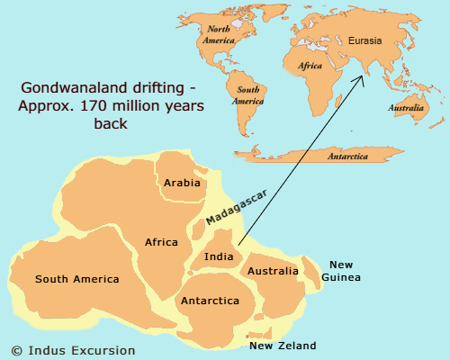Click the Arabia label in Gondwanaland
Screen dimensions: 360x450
tap(182, 184)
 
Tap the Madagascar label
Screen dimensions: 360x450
tap(229, 211)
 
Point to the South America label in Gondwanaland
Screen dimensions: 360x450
tap(76, 279)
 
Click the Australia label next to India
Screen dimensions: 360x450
tap(273, 271)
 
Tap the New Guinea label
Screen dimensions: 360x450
tap(340, 271)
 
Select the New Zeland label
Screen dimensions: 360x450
tap(283, 346)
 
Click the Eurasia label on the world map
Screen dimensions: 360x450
tap(365, 40)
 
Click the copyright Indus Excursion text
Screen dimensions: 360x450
tap(73, 349)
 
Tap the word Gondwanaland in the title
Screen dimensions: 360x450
tap(64, 89)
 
